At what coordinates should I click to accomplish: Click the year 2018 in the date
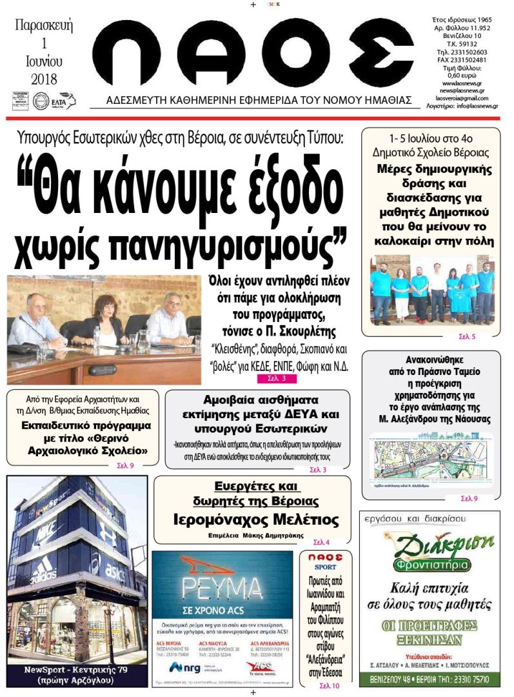tap(44, 80)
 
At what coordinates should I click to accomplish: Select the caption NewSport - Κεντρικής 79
tap(74, 670)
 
